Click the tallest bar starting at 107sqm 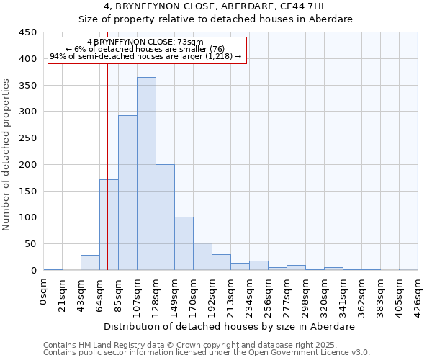pyautogui.click(x=146, y=174)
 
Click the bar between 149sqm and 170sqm pyautogui.click(x=184, y=243)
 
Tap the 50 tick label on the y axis pyautogui.click(x=30, y=244)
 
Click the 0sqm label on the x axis pyautogui.click(x=44, y=291)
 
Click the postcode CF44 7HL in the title pyautogui.click(x=306, y=6)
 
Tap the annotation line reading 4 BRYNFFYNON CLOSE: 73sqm pyautogui.click(x=145, y=42)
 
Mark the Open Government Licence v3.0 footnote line pyautogui.click(x=207, y=353)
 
